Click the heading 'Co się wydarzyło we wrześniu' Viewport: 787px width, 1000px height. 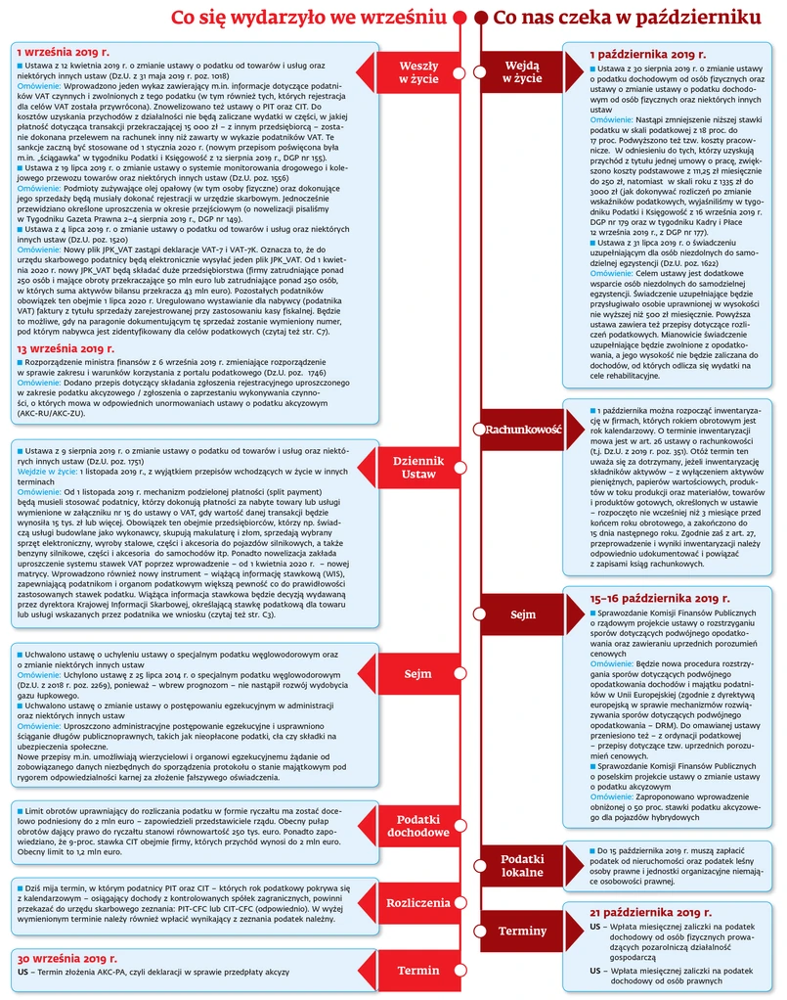[310, 18]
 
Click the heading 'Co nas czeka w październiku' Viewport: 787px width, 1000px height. [627, 18]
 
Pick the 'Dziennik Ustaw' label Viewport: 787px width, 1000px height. [418, 467]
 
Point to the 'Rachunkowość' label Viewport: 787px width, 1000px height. [523, 429]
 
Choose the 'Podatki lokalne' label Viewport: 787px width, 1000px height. [522, 865]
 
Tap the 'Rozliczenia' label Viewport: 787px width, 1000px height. [418, 903]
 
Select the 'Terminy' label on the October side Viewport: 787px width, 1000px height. [522, 931]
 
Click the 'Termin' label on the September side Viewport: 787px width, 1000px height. [418, 970]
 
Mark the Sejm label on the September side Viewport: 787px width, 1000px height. [418, 674]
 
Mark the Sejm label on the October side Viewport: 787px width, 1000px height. [523, 615]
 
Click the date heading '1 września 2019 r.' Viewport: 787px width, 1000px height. [60, 50]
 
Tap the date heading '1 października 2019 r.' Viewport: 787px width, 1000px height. [647, 55]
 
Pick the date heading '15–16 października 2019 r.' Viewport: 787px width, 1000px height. [660, 597]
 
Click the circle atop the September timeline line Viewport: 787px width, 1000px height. [462, 18]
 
